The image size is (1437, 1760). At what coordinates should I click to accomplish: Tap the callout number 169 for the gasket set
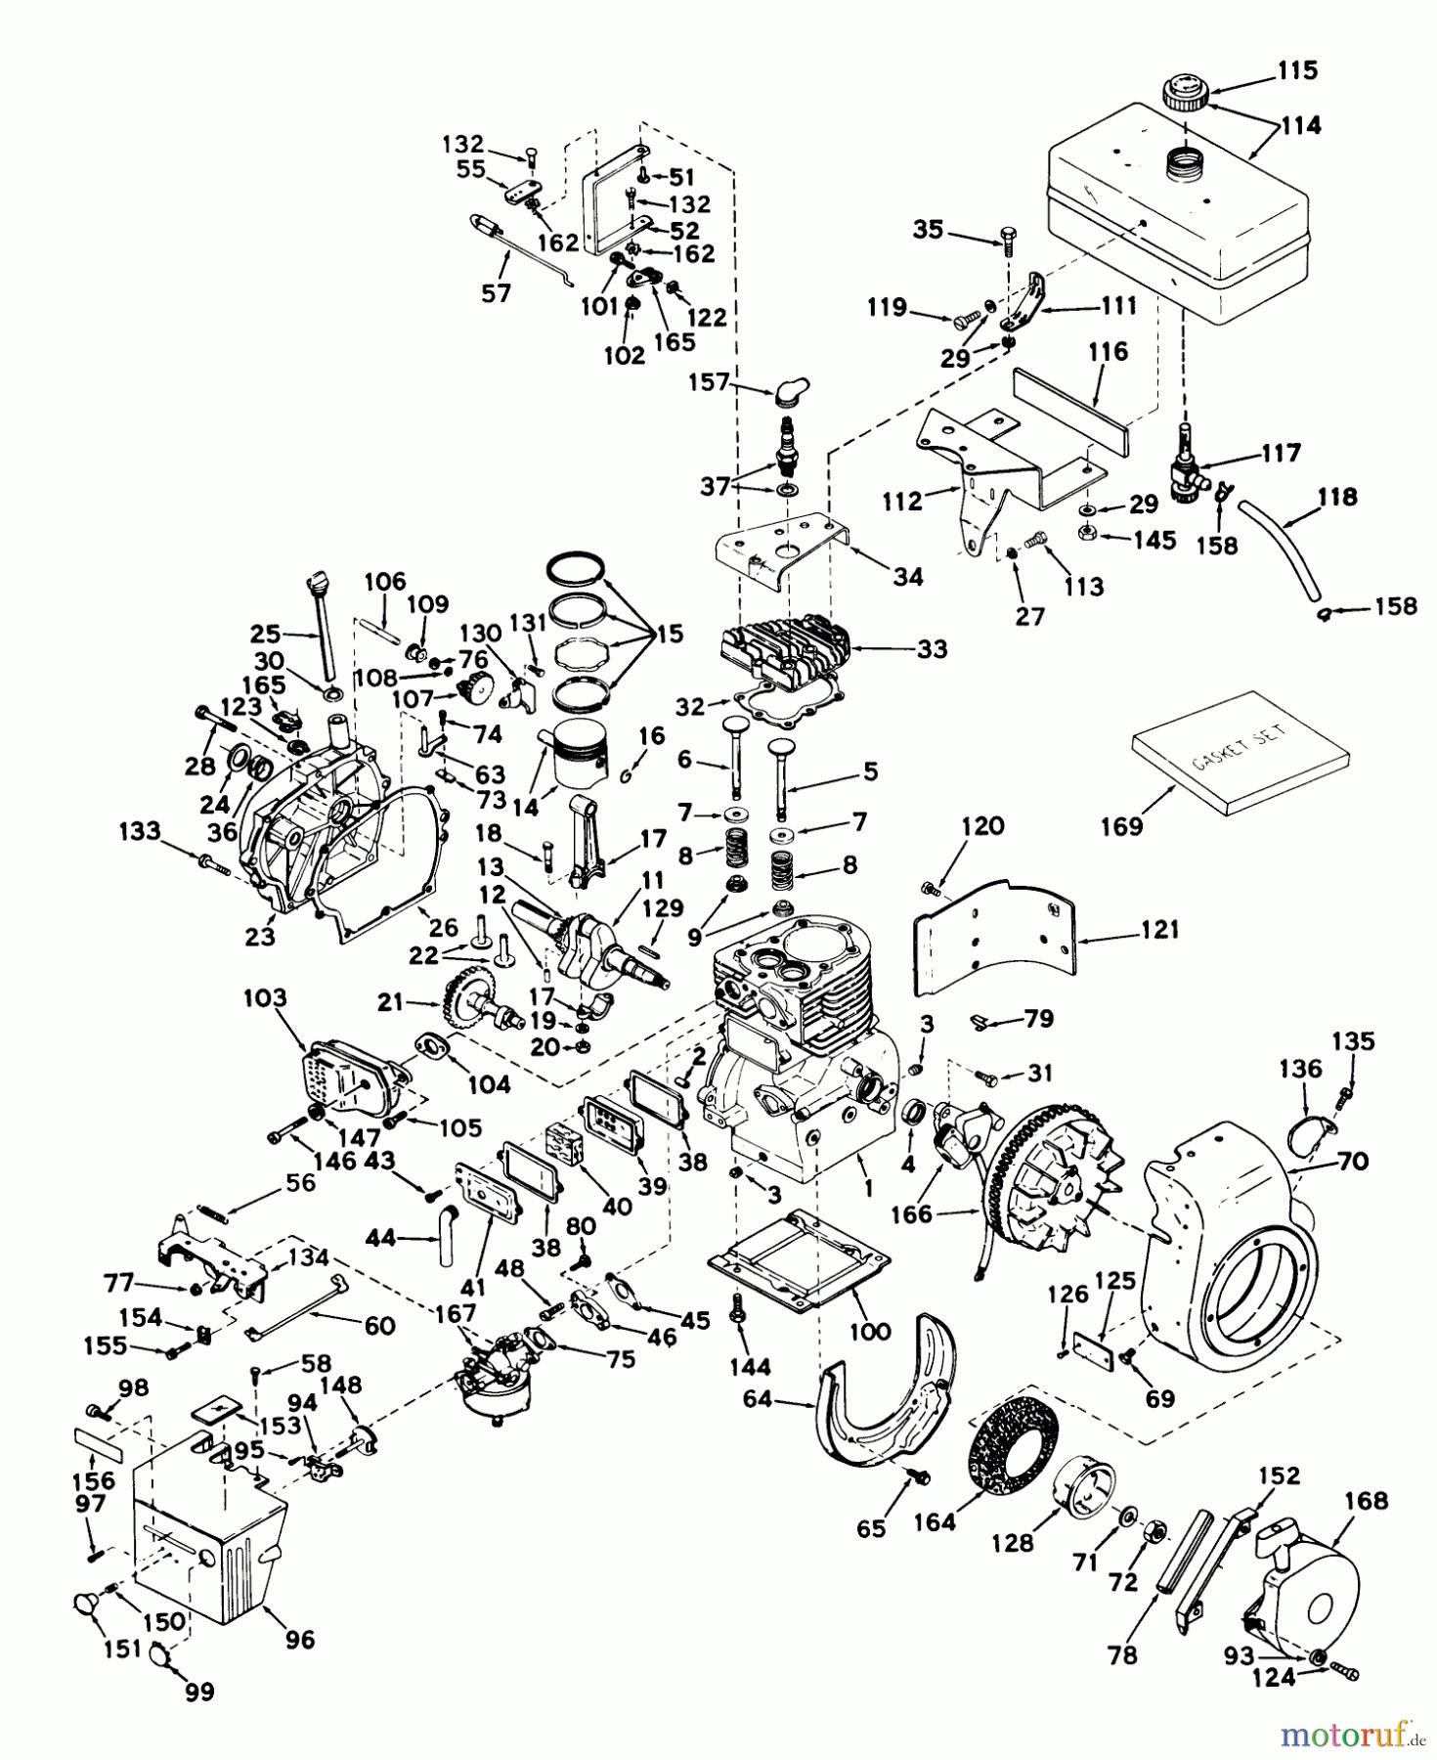tap(1121, 826)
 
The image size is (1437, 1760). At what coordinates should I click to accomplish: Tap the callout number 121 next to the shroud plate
tap(1159, 929)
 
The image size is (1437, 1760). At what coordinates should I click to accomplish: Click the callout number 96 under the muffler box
tap(299, 1639)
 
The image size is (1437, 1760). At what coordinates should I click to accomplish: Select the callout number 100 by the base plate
tap(870, 1331)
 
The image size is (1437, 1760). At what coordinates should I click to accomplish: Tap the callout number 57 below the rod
tap(496, 292)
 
